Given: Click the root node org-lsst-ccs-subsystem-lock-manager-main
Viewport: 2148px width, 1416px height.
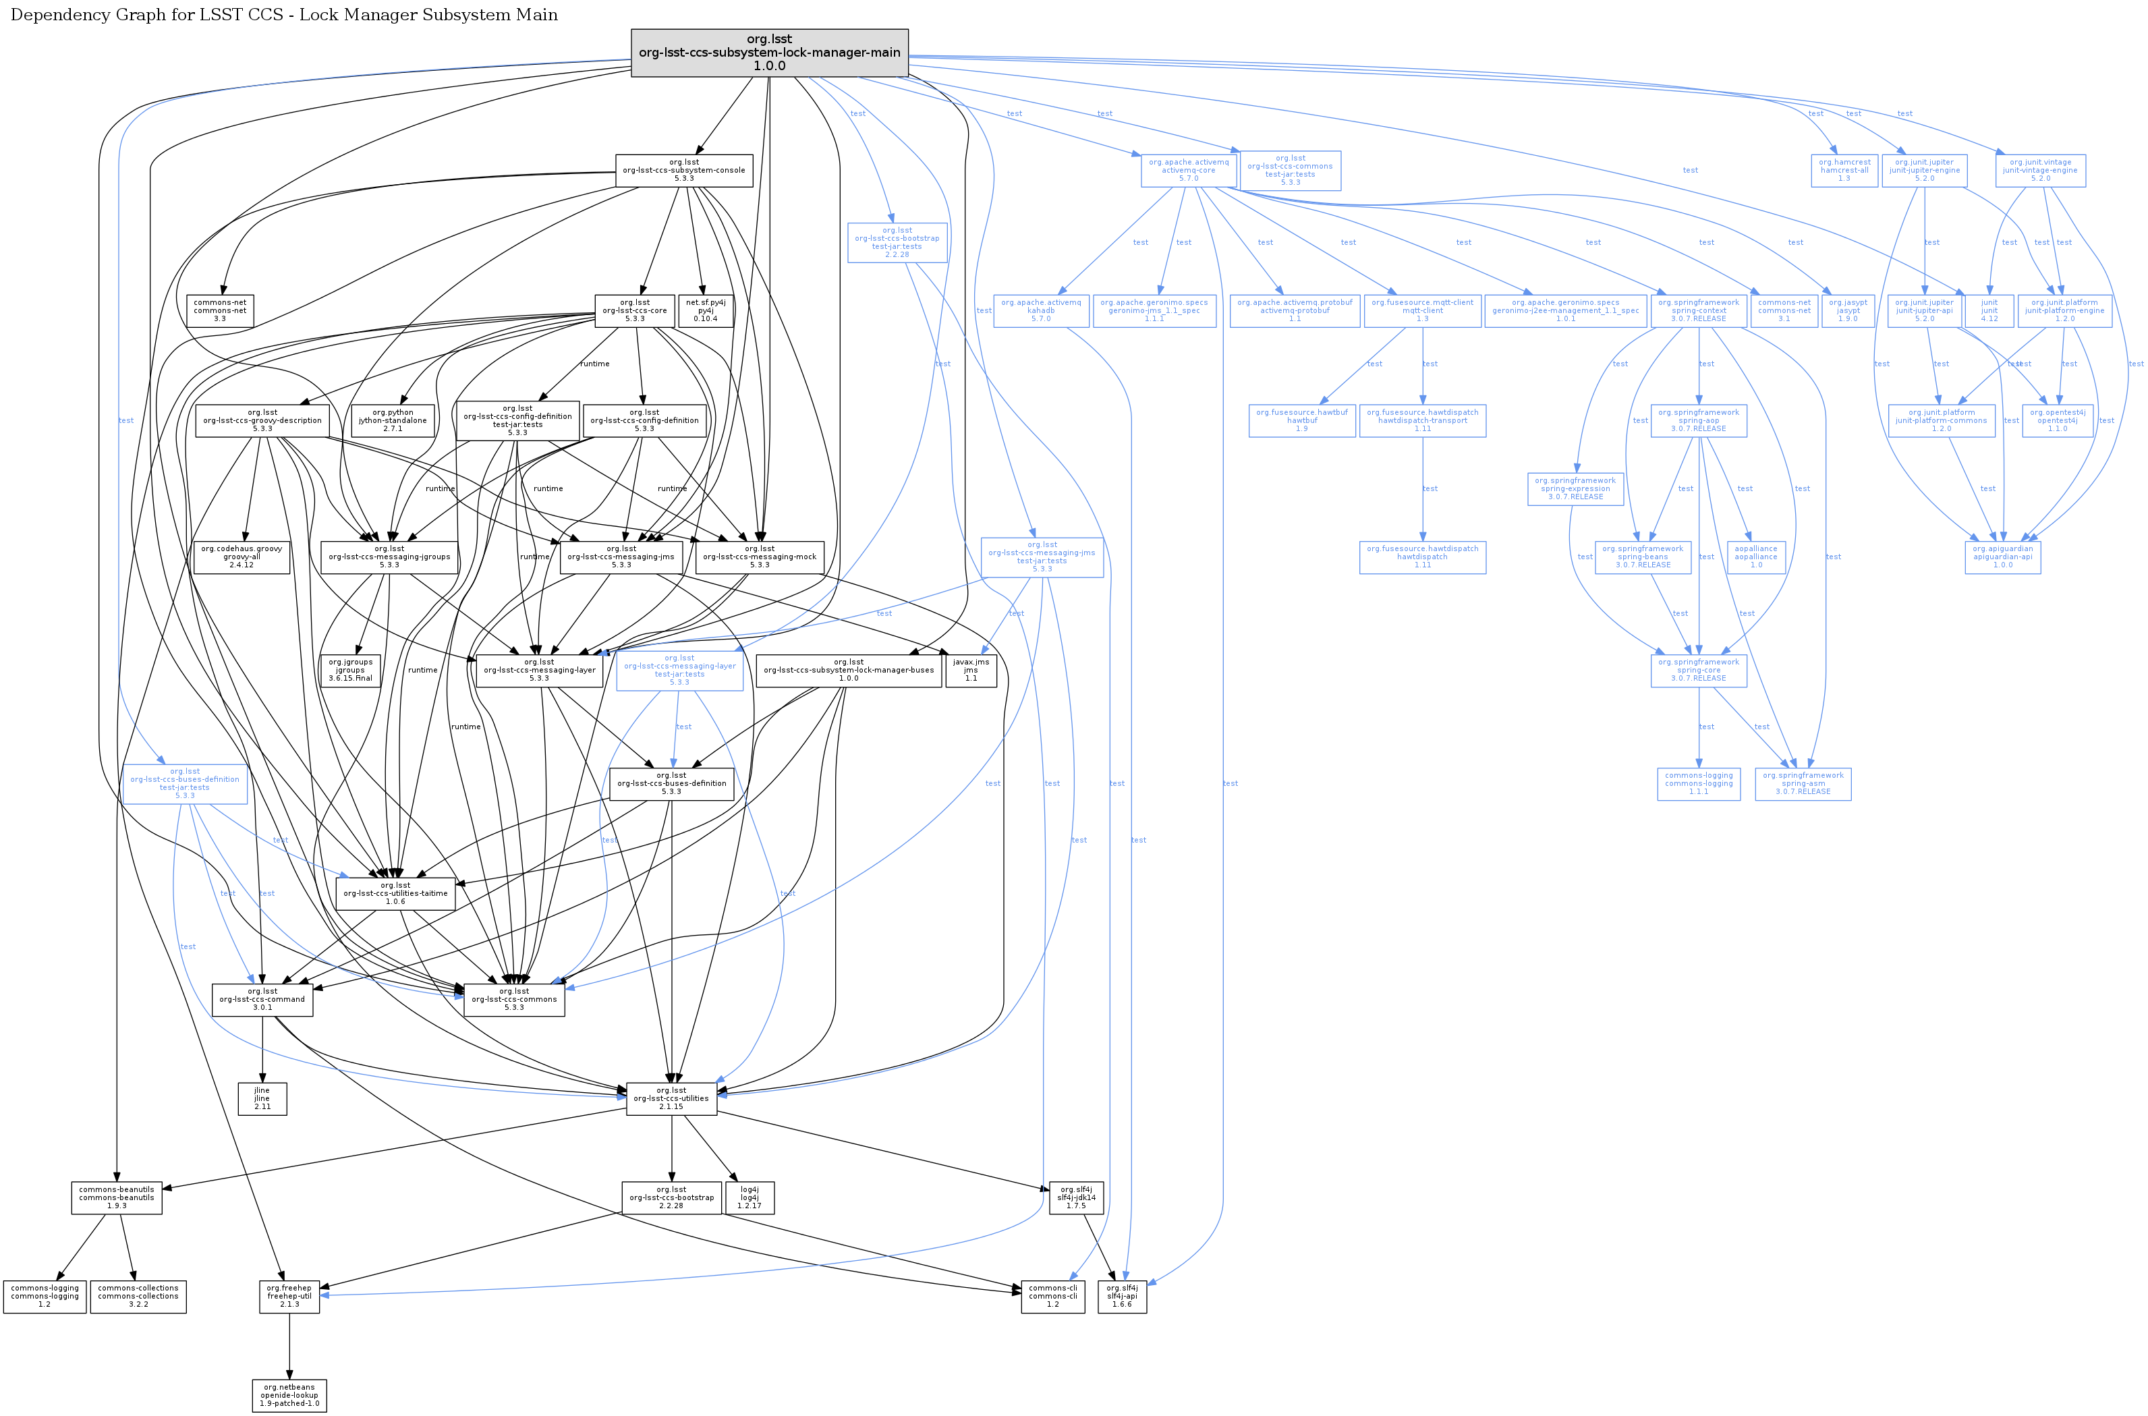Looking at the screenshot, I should (x=769, y=53).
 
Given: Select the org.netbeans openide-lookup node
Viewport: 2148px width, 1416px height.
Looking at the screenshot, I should (x=289, y=1395).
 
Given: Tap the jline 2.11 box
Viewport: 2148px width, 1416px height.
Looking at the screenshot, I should (x=262, y=1098).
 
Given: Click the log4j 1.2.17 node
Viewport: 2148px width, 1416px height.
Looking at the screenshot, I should (x=750, y=1197).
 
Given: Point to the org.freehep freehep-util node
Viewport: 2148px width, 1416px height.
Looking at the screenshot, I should (x=289, y=1296).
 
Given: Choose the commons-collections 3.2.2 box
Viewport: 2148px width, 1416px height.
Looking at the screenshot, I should (x=138, y=1296).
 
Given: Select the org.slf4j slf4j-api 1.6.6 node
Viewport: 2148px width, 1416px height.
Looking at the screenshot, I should (x=1123, y=1296).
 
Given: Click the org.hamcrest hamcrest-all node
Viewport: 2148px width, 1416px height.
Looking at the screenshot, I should (x=1844, y=170).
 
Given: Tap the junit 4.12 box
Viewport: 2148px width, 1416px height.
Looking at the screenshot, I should (x=1989, y=310).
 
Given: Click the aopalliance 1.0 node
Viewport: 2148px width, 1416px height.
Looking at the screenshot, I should (x=1756, y=557).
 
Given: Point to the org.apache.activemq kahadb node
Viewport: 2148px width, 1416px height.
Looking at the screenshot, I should (x=1041, y=310).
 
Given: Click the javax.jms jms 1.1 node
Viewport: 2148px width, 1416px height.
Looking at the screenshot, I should (x=971, y=670).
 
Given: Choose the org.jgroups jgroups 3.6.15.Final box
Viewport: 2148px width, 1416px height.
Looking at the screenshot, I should (x=350, y=670).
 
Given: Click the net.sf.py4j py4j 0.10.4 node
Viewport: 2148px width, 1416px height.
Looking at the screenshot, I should (x=705, y=310).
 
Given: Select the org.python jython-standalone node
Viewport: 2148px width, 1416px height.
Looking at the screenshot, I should (x=393, y=420).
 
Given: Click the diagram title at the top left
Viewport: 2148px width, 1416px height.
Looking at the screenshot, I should (x=283, y=14).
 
